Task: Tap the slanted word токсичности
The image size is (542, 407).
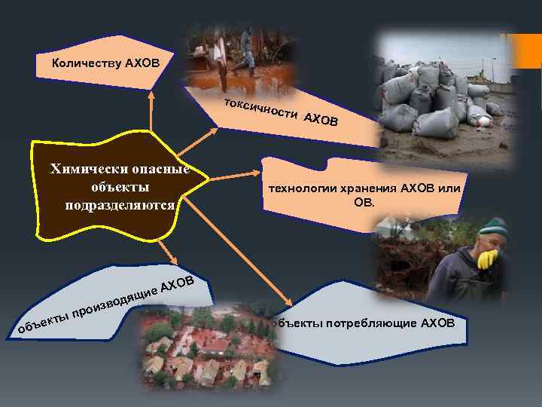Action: pos(258,109)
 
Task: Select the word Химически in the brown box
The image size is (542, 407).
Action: pos(81,168)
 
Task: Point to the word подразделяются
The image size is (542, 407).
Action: pos(120,204)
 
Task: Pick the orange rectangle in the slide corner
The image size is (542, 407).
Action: pos(524,53)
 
